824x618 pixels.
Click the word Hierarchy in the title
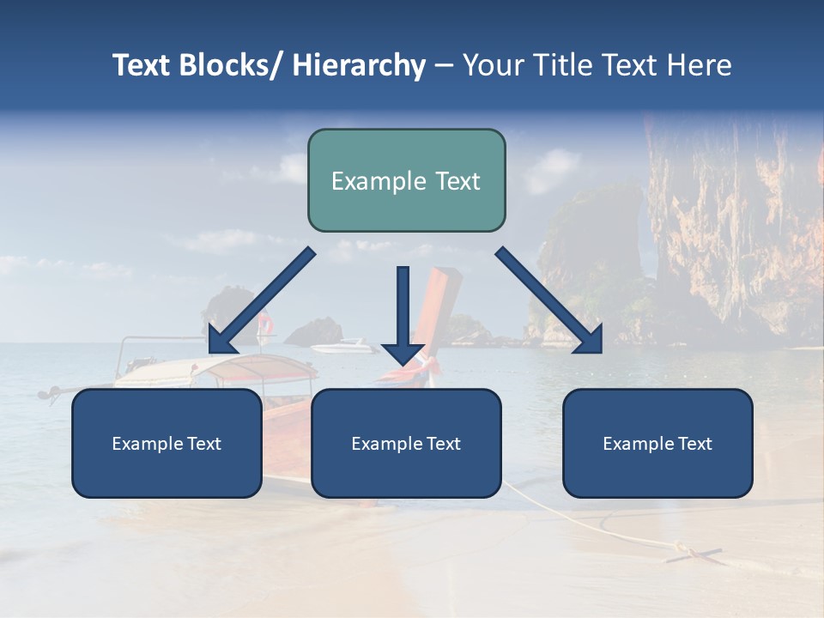(x=359, y=65)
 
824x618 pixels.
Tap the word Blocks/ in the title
(x=224, y=65)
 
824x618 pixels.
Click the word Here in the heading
(x=700, y=65)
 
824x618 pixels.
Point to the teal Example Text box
(x=406, y=180)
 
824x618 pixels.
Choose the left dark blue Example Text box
(x=167, y=444)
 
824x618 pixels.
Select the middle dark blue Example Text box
(x=406, y=444)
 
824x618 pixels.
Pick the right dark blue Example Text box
(x=657, y=444)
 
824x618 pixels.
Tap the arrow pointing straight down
(x=403, y=313)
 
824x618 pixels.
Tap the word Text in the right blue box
(x=694, y=444)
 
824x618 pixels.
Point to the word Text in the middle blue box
(x=443, y=444)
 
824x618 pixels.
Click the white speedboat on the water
(x=343, y=347)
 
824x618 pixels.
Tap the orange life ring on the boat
(x=266, y=324)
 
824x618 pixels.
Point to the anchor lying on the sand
(x=695, y=554)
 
